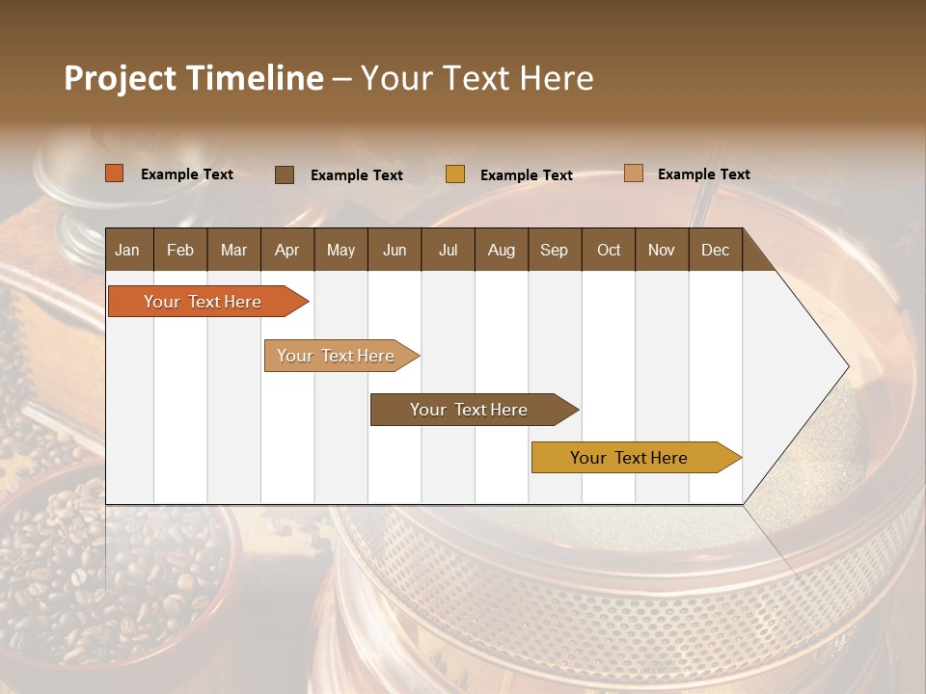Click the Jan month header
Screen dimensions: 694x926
coord(127,250)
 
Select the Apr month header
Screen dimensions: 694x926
coord(286,250)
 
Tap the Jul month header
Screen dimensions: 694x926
coord(448,250)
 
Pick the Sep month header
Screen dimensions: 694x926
coord(554,250)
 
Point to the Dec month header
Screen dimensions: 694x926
coord(715,250)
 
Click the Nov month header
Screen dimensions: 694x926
coord(661,250)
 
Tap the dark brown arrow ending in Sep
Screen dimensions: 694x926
coord(470,410)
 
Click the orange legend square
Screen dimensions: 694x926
coord(114,173)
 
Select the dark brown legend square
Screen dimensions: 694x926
coord(284,174)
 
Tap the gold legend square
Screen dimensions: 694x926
coord(455,174)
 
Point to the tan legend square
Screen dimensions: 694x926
coord(633,173)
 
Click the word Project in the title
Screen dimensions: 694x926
coord(121,78)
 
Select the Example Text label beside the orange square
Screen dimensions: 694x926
coord(187,174)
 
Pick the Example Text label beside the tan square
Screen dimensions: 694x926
coord(703,174)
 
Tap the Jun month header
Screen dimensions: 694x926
coord(394,250)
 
